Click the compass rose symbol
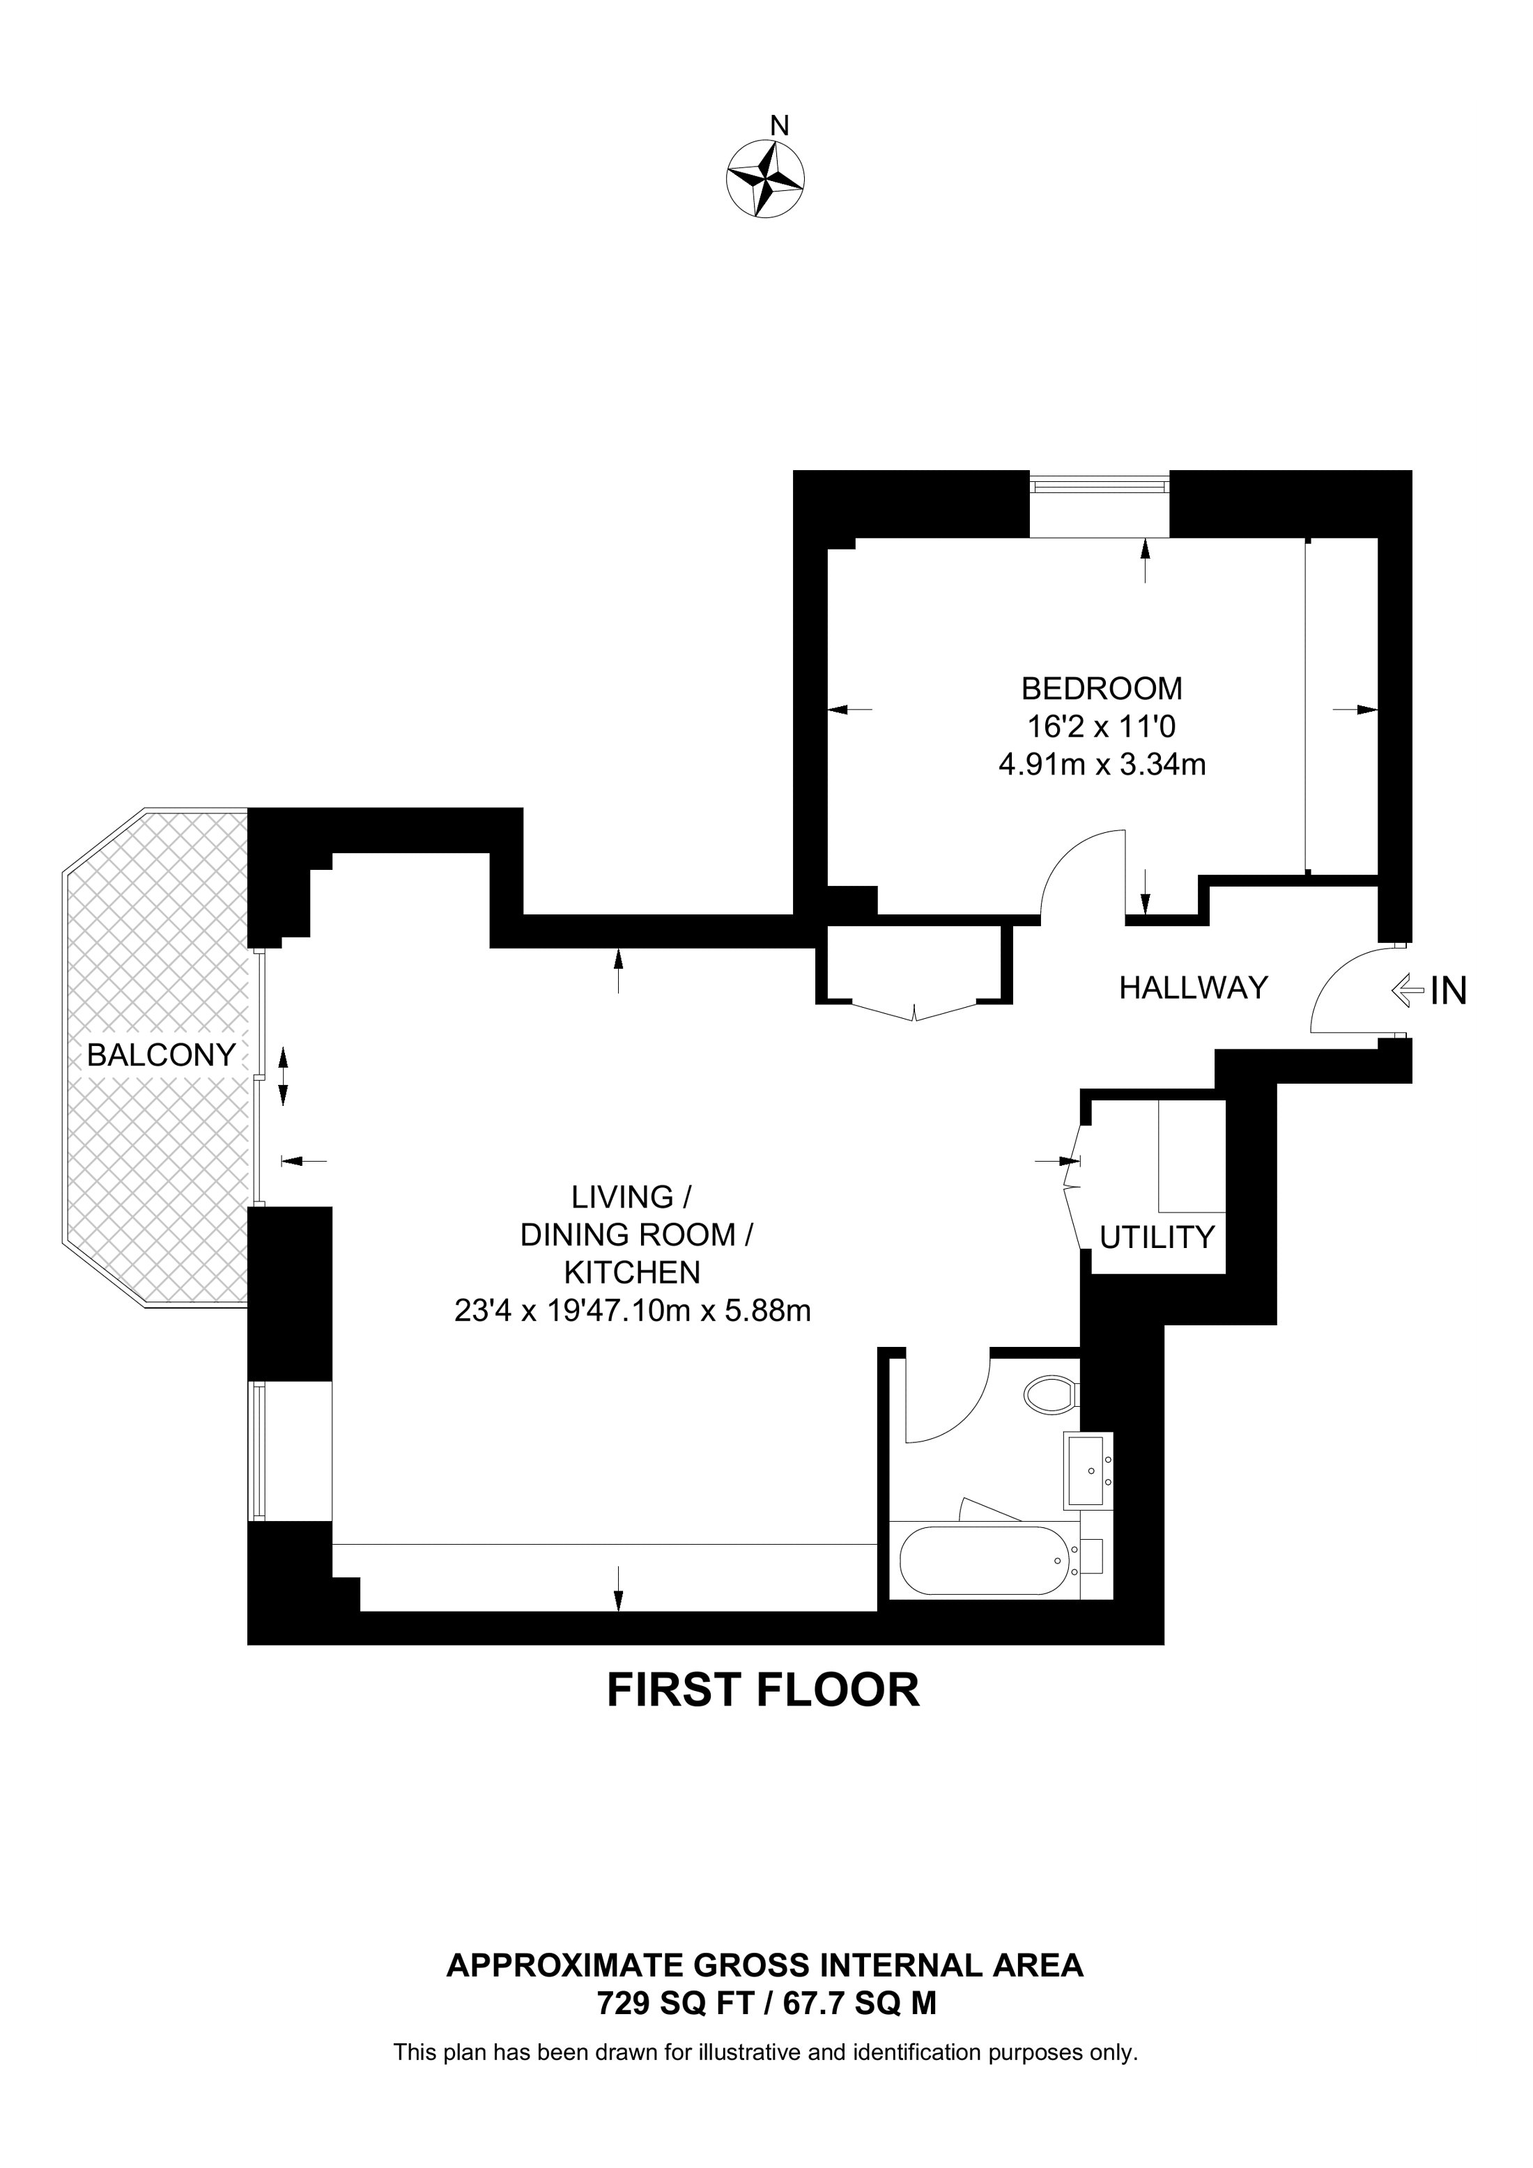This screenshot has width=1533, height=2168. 765,180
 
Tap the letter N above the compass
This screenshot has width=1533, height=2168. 779,125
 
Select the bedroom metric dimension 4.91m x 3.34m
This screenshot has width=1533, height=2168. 1102,764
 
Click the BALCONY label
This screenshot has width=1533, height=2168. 160,1054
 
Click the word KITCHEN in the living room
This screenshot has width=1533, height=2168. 632,1273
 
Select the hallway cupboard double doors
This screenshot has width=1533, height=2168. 914,1011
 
